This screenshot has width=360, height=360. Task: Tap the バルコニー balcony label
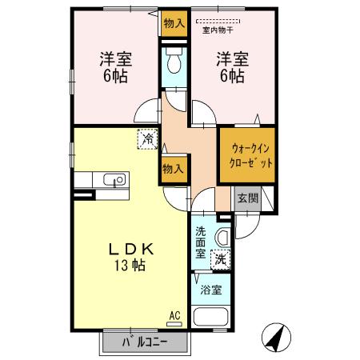coord(145,343)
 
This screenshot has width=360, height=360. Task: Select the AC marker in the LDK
coord(174,316)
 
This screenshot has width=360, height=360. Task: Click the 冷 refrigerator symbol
coord(148,138)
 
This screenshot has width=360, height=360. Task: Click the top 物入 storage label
coord(173,22)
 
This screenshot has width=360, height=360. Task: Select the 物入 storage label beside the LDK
coord(173,169)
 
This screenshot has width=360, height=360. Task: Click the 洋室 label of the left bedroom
coord(116,58)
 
